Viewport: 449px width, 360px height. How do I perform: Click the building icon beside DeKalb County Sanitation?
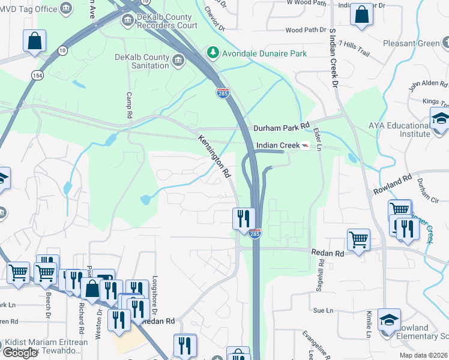(x=179, y=61)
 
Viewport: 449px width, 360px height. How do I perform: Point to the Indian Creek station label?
(x=277, y=146)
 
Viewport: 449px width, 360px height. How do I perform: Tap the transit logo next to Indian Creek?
(x=306, y=146)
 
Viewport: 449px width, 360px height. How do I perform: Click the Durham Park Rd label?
(x=281, y=128)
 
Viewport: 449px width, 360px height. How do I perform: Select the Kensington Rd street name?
(x=215, y=156)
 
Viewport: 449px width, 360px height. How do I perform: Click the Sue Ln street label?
(x=323, y=310)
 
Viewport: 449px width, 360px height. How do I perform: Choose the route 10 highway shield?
(x=62, y=50)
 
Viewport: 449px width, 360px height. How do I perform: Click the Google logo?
(x=20, y=353)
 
